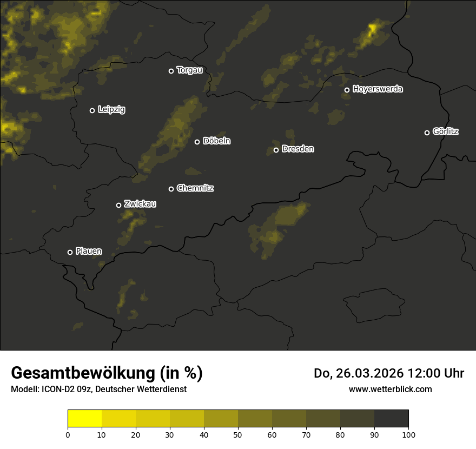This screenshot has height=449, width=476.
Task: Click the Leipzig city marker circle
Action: pos(92,110)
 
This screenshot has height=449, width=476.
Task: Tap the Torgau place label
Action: pos(189,70)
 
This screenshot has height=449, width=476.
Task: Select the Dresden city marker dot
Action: pos(276,150)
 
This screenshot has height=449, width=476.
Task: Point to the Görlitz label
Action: pos(446,131)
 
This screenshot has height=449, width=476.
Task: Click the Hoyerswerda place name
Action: pos(378,89)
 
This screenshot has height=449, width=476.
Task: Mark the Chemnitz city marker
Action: pos(171,189)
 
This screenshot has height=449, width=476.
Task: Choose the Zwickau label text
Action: pos(140,204)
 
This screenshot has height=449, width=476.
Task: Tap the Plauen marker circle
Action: pos(70,252)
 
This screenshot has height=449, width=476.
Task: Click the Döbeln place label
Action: pos(216,141)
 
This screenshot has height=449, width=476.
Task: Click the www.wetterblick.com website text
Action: pos(390,389)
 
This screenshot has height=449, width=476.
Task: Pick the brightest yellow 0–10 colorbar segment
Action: pos(84,419)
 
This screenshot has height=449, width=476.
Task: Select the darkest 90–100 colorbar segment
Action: pos(391,419)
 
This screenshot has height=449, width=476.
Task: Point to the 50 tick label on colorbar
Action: pos(238,434)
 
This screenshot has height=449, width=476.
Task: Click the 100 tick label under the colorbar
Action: pos(408,434)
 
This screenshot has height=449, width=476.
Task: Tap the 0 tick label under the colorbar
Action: pos(68,434)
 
